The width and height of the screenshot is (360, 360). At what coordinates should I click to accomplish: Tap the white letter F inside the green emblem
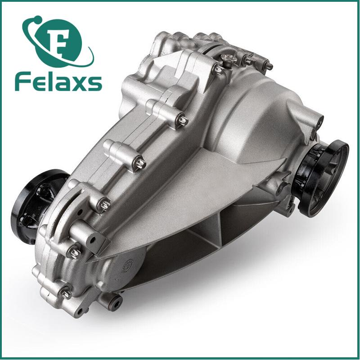click(x=59, y=42)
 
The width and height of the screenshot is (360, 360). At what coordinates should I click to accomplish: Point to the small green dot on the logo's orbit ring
click(x=37, y=18)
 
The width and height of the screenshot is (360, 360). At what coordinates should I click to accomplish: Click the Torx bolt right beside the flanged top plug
click(x=218, y=69)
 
